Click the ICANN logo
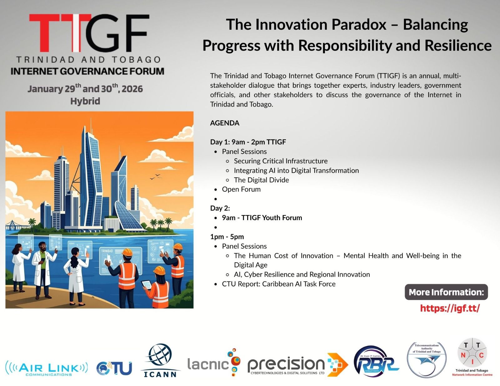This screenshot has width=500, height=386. [160, 360]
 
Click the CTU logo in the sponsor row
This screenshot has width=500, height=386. [114, 368]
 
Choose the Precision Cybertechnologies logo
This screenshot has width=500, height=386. [298, 365]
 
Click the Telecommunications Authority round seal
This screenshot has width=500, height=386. [427, 359]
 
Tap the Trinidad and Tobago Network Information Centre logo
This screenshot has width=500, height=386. [472, 357]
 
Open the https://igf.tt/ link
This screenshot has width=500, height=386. [450, 308]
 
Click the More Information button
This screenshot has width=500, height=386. [446, 292]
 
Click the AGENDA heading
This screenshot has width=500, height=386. [225, 123]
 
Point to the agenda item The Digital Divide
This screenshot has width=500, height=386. [261, 180]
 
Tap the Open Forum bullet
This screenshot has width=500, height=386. [241, 189]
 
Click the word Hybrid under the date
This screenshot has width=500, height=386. [85, 101]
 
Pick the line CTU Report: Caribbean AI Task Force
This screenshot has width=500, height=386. [279, 284]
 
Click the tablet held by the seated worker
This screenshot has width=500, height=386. [147, 285]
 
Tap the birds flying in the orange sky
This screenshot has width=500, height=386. [155, 176]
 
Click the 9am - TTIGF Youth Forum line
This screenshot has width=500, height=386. [262, 218]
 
